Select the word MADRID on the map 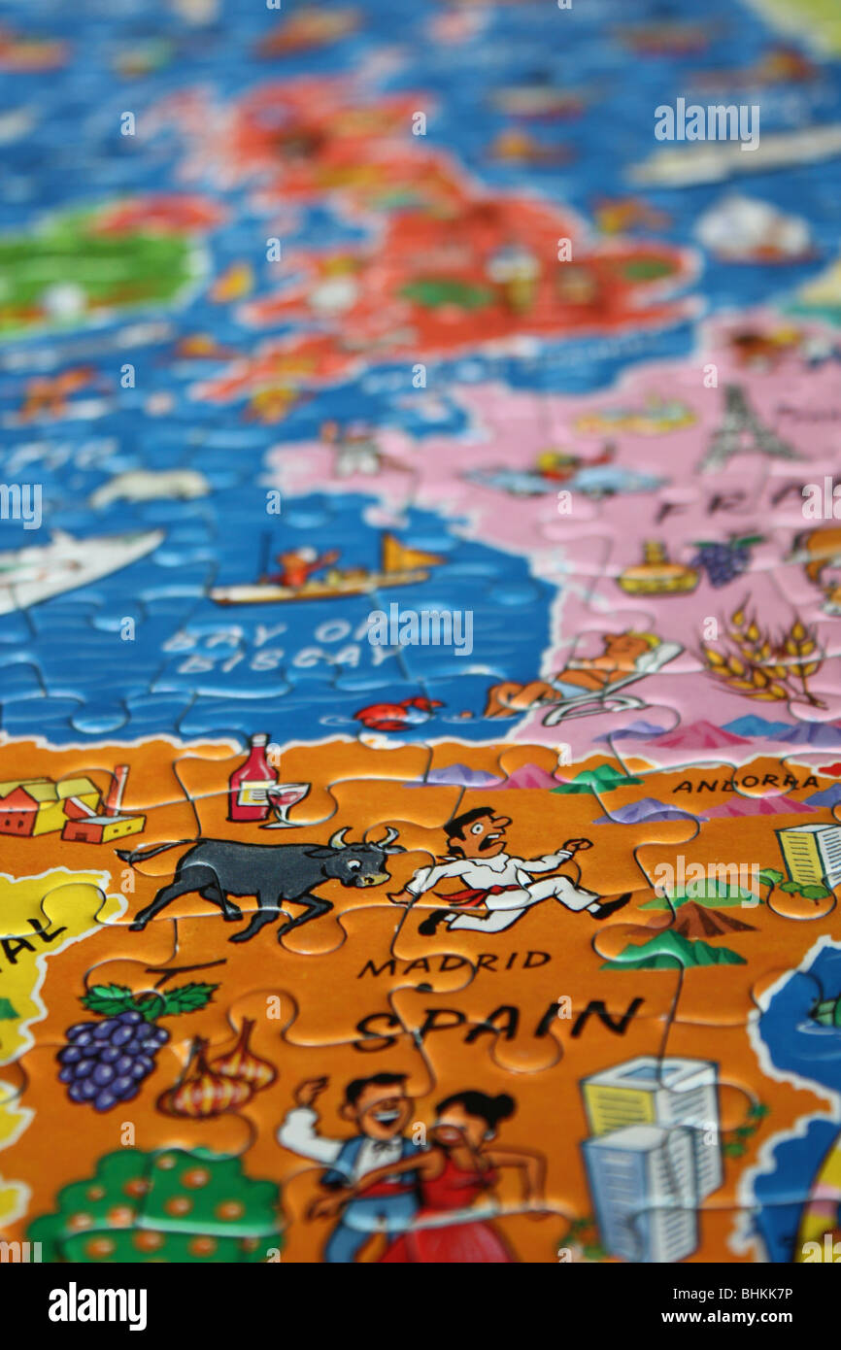(454, 962)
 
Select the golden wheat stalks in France (763, 655)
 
